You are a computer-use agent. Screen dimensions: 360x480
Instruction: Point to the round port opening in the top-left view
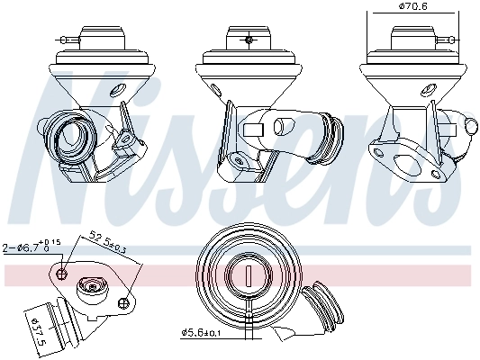click(68, 134)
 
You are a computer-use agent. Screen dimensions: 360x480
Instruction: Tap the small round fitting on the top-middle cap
click(247, 40)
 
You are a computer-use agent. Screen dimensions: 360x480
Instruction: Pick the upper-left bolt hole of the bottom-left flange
click(61, 272)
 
